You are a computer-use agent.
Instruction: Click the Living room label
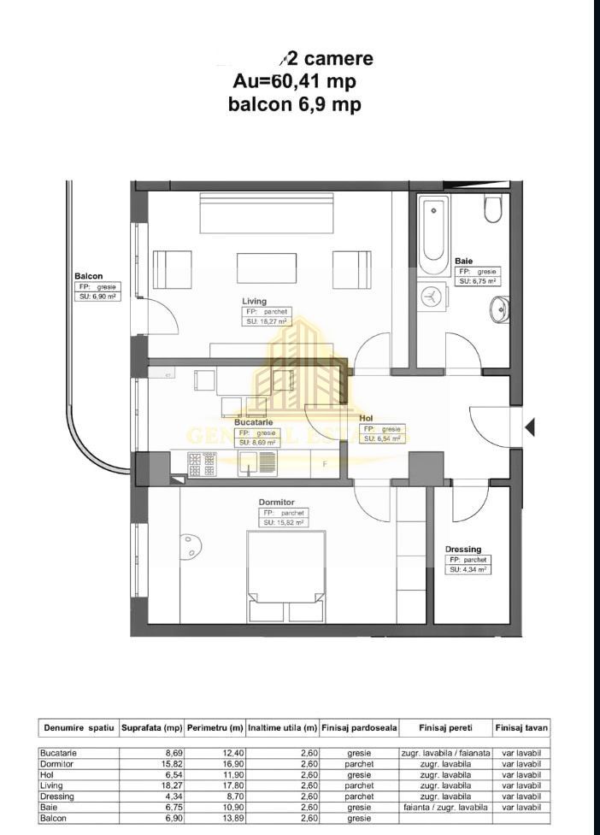click(254, 301)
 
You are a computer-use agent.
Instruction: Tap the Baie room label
click(464, 261)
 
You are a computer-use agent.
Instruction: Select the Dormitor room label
click(276, 503)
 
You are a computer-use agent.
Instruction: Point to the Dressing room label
click(462, 550)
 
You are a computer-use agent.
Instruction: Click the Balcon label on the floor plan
click(89, 276)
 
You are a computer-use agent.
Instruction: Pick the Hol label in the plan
click(366, 418)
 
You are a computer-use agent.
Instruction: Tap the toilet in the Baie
click(493, 210)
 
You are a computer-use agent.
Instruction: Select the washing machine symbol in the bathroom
click(432, 297)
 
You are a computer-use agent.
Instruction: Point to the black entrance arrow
click(530, 426)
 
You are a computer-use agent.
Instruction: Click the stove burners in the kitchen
click(203, 462)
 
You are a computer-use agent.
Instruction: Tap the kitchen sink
click(249, 462)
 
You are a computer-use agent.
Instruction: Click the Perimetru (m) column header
click(215, 728)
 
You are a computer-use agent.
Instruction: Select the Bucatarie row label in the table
click(59, 752)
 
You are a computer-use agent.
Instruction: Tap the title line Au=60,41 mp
click(294, 81)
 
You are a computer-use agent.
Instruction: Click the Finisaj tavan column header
click(521, 728)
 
